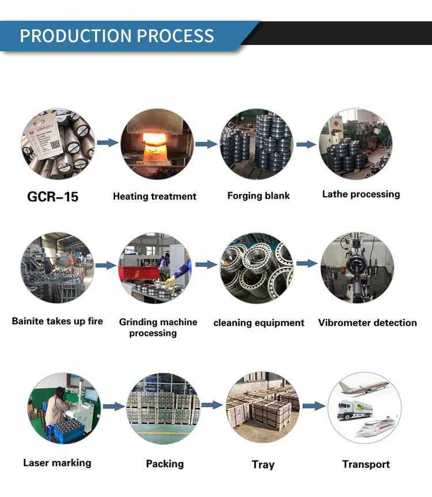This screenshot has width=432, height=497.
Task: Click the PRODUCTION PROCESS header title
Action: (117, 36)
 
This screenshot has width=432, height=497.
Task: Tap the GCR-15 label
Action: (53, 197)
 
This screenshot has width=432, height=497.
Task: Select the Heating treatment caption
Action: (154, 197)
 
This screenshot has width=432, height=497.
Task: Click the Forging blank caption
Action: (258, 196)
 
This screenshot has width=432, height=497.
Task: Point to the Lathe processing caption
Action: (361, 194)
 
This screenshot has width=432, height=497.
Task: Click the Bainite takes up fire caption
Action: (58, 321)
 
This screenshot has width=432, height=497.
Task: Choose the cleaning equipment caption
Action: (259, 323)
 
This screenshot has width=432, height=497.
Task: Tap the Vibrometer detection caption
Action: (367, 323)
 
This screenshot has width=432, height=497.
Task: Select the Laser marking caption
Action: (57, 462)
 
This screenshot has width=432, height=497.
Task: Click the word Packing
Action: (165, 464)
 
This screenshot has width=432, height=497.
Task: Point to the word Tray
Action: (263, 465)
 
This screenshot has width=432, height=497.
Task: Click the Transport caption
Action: (366, 464)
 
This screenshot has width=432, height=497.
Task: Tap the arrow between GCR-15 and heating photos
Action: (107, 142)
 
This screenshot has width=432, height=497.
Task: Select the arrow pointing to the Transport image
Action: (314, 405)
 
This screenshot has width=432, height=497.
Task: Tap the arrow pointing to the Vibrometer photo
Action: (306, 263)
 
